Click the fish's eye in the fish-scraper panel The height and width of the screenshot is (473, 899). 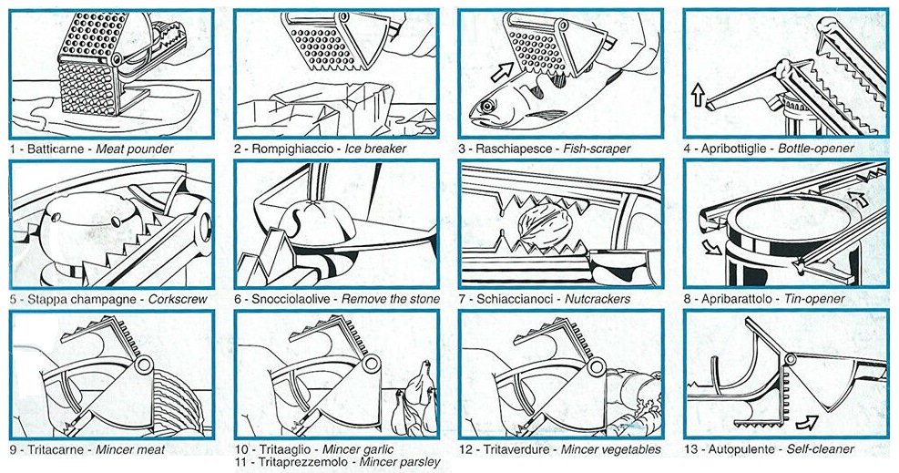pyautogui.click(x=488, y=106)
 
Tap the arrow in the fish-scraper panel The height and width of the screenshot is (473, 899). pyautogui.click(x=502, y=73)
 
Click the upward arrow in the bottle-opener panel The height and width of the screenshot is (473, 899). pyautogui.click(x=697, y=95)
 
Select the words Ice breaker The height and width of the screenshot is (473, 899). pyautogui.click(x=375, y=149)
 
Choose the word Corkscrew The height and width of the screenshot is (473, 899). pyautogui.click(x=178, y=299)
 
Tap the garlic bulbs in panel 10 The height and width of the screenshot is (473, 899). pyautogui.click(x=414, y=401)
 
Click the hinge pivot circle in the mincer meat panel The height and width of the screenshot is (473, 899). pyautogui.click(x=143, y=364)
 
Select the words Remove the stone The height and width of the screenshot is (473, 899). pyautogui.click(x=391, y=299)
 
